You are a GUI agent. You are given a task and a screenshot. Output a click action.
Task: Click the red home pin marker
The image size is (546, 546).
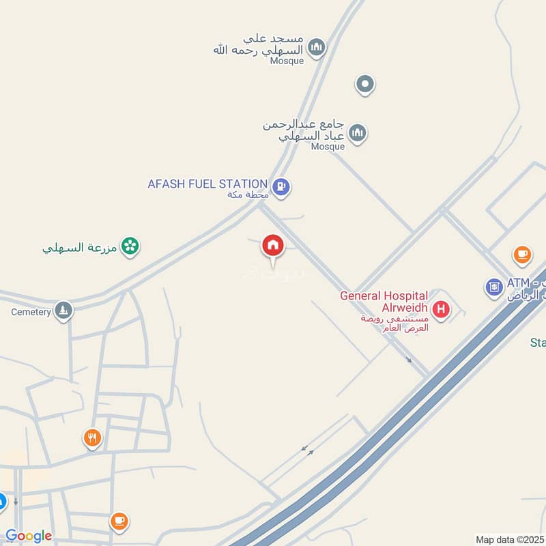click(273, 245)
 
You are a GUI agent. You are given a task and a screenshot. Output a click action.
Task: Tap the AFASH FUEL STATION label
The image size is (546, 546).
click(207, 184)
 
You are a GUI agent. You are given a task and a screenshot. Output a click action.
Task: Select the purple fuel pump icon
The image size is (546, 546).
click(281, 186)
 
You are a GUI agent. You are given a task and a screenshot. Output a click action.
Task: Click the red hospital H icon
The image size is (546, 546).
click(441, 310)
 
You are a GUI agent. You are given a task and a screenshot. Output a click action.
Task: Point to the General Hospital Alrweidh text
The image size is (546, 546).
click(384, 302)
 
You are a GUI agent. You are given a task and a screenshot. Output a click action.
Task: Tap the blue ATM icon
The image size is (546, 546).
click(495, 287)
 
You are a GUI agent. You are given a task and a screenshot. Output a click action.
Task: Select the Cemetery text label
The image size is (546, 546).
click(31, 312)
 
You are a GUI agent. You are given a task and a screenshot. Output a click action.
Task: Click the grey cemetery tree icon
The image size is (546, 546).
click(63, 311)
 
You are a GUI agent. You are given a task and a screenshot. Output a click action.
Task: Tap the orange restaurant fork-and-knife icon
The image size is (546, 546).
click(92, 437)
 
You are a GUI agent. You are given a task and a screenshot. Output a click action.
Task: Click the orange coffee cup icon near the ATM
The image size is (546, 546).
click(522, 255)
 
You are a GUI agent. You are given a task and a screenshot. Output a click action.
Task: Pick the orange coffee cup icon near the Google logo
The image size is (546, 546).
click(119, 521)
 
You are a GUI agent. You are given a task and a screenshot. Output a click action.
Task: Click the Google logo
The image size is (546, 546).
click(29, 536)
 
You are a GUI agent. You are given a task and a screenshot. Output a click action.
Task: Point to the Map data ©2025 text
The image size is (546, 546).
click(510, 540)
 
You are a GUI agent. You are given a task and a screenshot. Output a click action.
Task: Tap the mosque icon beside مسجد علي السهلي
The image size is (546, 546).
click(315, 46)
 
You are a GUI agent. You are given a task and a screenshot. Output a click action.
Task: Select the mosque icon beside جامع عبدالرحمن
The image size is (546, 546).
click(357, 132)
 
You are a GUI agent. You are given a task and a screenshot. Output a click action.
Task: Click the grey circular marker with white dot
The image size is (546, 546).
click(365, 85)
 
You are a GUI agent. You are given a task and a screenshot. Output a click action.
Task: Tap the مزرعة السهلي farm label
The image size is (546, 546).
click(78, 247)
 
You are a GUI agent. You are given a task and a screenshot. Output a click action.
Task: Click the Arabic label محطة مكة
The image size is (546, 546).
click(248, 195)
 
